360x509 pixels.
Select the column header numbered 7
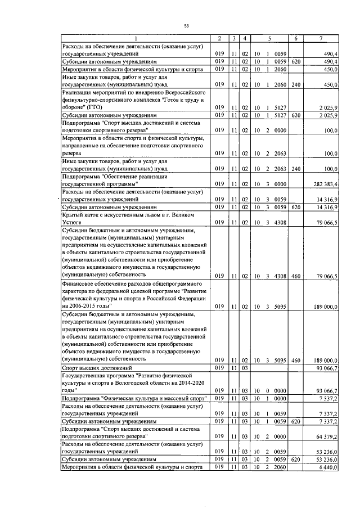[x=320, y=38]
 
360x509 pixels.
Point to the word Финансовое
[x=80, y=285]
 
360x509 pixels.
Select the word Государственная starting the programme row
[x=88, y=373]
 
